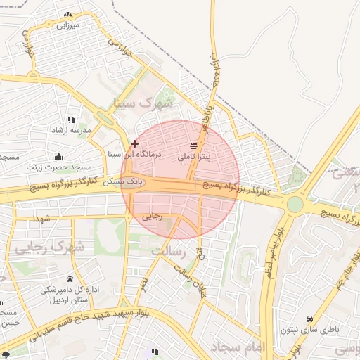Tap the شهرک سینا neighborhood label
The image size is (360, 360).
click(x=143, y=104)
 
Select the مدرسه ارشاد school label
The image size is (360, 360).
click(x=70, y=131)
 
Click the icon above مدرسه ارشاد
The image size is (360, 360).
click(x=70, y=120)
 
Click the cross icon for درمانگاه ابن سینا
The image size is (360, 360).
click(x=134, y=143)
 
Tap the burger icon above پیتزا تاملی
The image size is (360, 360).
click(x=194, y=146)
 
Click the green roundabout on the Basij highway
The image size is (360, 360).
click(x=295, y=205)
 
